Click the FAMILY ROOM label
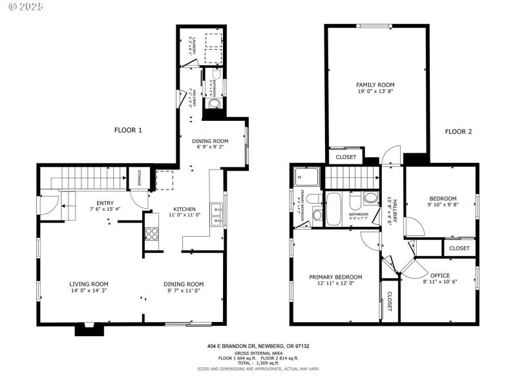pyautogui.click(x=375, y=85)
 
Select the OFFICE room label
pyautogui.click(x=439, y=275)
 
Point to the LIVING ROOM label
pyautogui.click(x=89, y=284)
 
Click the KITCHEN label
pyautogui.click(x=184, y=209)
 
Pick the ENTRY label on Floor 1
pyautogui.click(x=105, y=202)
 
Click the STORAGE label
pyautogui.click(x=138, y=177)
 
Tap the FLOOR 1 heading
pyautogui.click(x=128, y=130)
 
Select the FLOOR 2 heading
pyautogui.click(x=458, y=132)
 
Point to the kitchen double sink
pyautogui.click(x=217, y=214)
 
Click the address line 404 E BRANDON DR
pyautogui.click(x=258, y=347)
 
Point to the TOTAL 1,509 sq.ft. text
pyautogui.click(x=258, y=363)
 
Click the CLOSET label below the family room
pyautogui.click(x=346, y=157)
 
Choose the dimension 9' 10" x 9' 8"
pyautogui.click(x=443, y=205)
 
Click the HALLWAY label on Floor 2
pyautogui.click(x=390, y=210)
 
